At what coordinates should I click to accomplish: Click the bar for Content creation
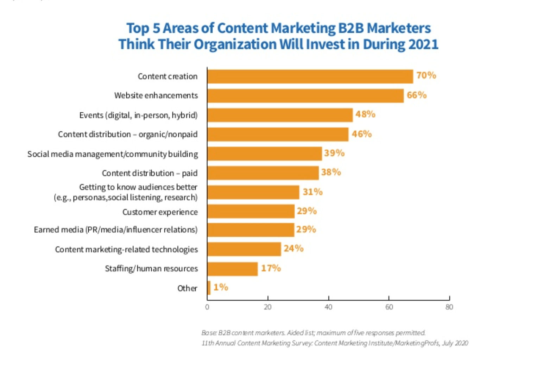310,76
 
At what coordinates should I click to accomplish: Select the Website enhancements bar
305,96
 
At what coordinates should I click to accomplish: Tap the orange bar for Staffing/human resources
232,269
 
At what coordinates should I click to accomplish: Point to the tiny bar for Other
209,288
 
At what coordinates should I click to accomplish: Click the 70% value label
426,75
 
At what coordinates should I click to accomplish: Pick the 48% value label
365,114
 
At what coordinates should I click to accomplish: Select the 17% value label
271,268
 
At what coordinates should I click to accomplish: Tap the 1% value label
221,287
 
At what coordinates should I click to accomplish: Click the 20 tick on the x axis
268,307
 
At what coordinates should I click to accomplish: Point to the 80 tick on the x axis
449,307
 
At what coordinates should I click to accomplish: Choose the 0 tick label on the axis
207,307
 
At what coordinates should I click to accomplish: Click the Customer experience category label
160,212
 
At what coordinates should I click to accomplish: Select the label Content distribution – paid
150,173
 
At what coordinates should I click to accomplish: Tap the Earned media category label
115,230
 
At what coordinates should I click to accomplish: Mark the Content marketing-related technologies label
126,250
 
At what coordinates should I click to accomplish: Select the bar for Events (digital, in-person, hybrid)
280,115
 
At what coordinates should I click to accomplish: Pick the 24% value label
294,249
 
